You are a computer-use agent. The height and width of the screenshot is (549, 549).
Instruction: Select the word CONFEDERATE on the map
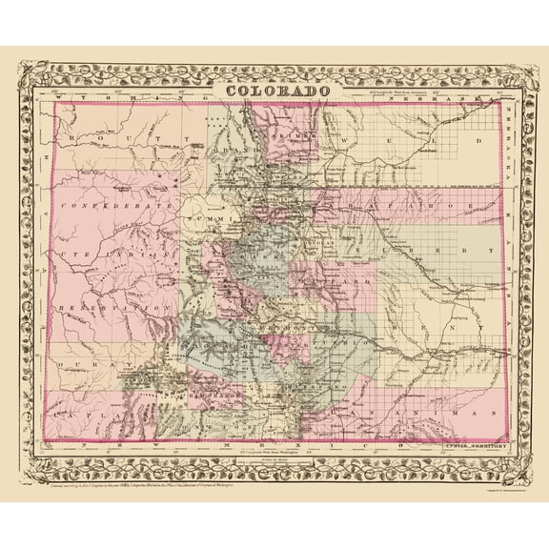[x=115, y=205]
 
